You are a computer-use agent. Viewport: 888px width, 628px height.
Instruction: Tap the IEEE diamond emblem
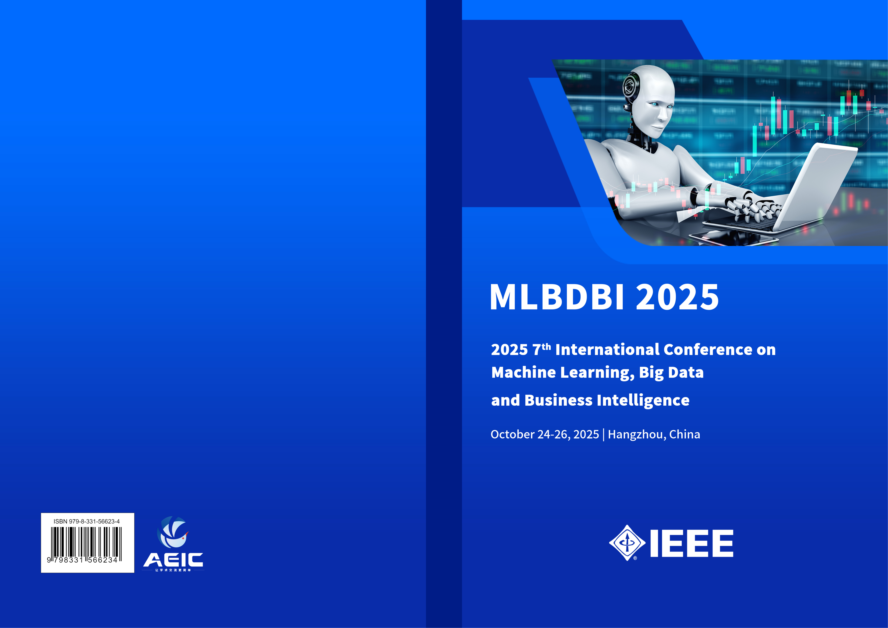coord(627,543)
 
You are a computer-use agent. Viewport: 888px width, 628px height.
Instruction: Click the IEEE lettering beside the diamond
coord(692,543)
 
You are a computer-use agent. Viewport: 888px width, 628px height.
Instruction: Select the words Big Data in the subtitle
coord(671,372)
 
